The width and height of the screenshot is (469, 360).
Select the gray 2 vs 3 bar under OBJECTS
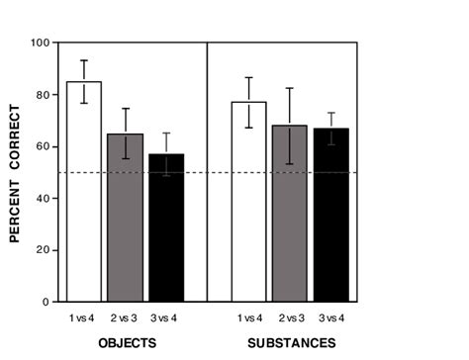tap(124, 218)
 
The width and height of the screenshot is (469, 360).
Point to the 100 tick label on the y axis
tap(40, 44)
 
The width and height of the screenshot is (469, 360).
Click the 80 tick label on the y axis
tap(43, 95)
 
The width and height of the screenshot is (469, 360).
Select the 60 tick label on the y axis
tap(43, 146)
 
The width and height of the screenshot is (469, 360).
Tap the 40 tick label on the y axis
tap(43, 198)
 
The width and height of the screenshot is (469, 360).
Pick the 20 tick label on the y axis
tap(43, 249)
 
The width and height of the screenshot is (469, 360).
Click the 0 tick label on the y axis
tap(46, 301)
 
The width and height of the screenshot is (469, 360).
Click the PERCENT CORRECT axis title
tap(15, 172)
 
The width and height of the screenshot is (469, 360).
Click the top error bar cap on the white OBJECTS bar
tap(83, 60)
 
